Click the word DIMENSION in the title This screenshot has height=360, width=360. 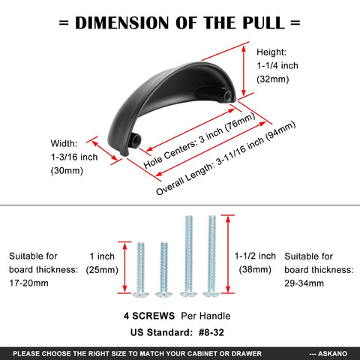tap(122, 22)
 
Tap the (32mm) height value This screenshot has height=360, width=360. tap(273, 79)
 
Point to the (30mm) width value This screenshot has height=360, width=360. tap(67, 171)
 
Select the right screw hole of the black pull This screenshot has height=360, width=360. tap(227, 95)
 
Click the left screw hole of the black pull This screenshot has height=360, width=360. tap(136, 138)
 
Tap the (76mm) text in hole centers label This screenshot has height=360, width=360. tap(240, 122)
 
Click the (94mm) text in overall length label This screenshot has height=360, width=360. tap(280, 131)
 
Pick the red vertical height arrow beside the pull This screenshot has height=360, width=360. tap(244, 71)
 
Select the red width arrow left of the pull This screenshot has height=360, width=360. tap(104, 151)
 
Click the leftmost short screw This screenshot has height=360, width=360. tap(140, 269)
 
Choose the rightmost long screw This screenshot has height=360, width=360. tap(211, 256)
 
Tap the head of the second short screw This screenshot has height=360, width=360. tap(163, 294)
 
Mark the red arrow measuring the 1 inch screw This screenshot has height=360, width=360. tap(124, 268)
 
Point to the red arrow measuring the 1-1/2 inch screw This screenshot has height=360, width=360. tap(228, 254)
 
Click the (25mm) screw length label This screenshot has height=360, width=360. tap(102, 270)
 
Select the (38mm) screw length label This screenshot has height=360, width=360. tap(255, 270)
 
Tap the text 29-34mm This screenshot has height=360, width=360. tap(304, 283)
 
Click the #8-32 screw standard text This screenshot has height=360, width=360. tap(211, 332)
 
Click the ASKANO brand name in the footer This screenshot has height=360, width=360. tap(332, 354)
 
